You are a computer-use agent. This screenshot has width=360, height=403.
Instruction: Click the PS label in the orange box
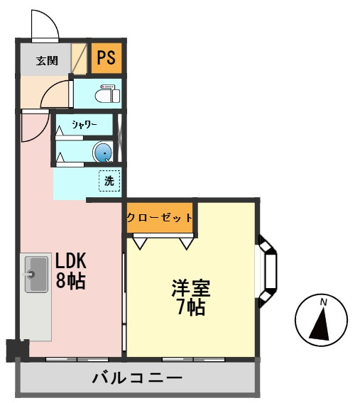(x=106, y=57)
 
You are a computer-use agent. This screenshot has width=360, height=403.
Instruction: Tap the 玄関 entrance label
(x=47, y=60)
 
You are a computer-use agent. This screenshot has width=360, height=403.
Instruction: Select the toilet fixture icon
(x=107, y=94)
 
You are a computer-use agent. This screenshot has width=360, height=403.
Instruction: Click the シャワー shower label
(x=84, y=125)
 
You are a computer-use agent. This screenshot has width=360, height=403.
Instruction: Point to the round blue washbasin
(x=102, y=152)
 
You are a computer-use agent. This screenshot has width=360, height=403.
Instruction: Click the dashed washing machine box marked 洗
(x=109, y=181)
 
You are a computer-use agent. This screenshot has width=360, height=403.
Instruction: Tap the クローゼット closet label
(x=160, y=218)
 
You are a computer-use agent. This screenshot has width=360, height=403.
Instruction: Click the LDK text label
(x=71, y=260)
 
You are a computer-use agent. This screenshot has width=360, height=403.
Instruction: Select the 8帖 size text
(x=71, y=280)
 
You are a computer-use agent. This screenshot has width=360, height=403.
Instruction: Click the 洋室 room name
(x=191, y=288)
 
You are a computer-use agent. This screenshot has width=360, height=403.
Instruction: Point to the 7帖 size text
(x=191, y=307)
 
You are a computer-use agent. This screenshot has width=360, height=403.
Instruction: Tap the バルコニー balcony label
(x=137, y=378)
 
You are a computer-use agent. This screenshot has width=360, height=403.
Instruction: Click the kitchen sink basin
(x=36, y=275)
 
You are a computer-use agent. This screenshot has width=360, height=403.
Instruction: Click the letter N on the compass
(x=324, y=302)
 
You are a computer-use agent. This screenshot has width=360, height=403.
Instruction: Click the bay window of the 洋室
(x=268, y=271)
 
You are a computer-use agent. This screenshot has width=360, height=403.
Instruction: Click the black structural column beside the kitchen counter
(x=17, y=350)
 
